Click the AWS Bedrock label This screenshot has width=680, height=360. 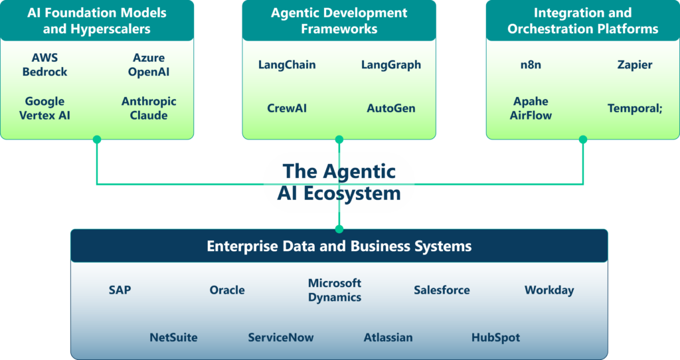pyautogui.click(x=44, y=65)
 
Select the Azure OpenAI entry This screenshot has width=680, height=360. pyautogui.click(x=149, y=65)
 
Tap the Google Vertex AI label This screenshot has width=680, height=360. pyautogui.click(x=44, y=108)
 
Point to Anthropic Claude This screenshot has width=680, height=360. pyautogui.click(x=149, y=108)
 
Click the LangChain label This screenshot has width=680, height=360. pyautogui.click(x=287, y=65)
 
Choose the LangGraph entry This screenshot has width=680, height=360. pyautogui.click(x=391, y=65)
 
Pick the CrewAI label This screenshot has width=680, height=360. pyautogui.click(x=287, y=108)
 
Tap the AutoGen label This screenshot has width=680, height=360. pyautogui.click(x=391, y=108)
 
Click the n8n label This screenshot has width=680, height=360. pyautogui.click(x=531, y=65)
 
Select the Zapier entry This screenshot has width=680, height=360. pyautogui.click(x=635, y=65)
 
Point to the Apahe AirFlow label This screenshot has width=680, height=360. pyautogui.click(x=531, y=108)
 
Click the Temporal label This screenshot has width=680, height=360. pyautogui.click(x=635, y=108)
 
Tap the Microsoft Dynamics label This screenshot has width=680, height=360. pyautogui.click(x=335, y=290)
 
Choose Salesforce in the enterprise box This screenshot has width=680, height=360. pyautogui.click(x=442, y=290)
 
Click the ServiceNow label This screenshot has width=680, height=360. pyautogui.click(x=281, y=337)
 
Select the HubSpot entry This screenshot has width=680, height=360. pyautogui.click(x=495, y=337)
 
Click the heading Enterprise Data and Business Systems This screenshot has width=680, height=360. pyautogui.click(x=339, y=246)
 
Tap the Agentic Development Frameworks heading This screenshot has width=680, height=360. pyautogui.click(x=339, y=21)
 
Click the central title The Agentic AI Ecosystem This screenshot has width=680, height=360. pyautogui.click(x=339, y=182)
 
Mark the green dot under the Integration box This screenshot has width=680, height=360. pyautogui.click(x=583, y=140)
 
